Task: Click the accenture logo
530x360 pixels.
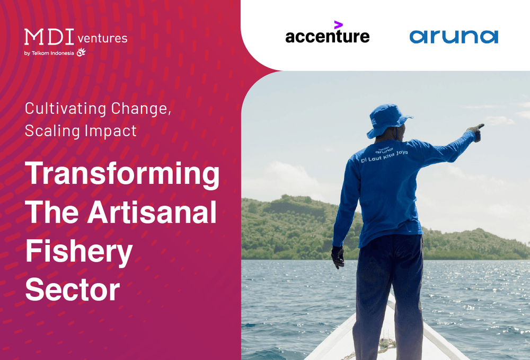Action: click(327, 36)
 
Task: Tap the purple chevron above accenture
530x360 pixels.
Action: click(338, 24)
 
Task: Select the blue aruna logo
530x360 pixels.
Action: click(453, 36)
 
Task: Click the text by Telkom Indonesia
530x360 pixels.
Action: click(49, 52)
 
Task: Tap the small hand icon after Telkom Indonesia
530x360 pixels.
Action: click(81, 52)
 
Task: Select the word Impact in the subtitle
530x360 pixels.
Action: click(113, 130)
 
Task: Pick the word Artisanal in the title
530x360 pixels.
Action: click(152, 213)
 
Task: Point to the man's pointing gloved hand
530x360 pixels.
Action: click(476, 130)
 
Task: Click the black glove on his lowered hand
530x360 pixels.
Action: click(337, 257)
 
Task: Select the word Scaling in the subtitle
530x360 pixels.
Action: click(49, 130)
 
